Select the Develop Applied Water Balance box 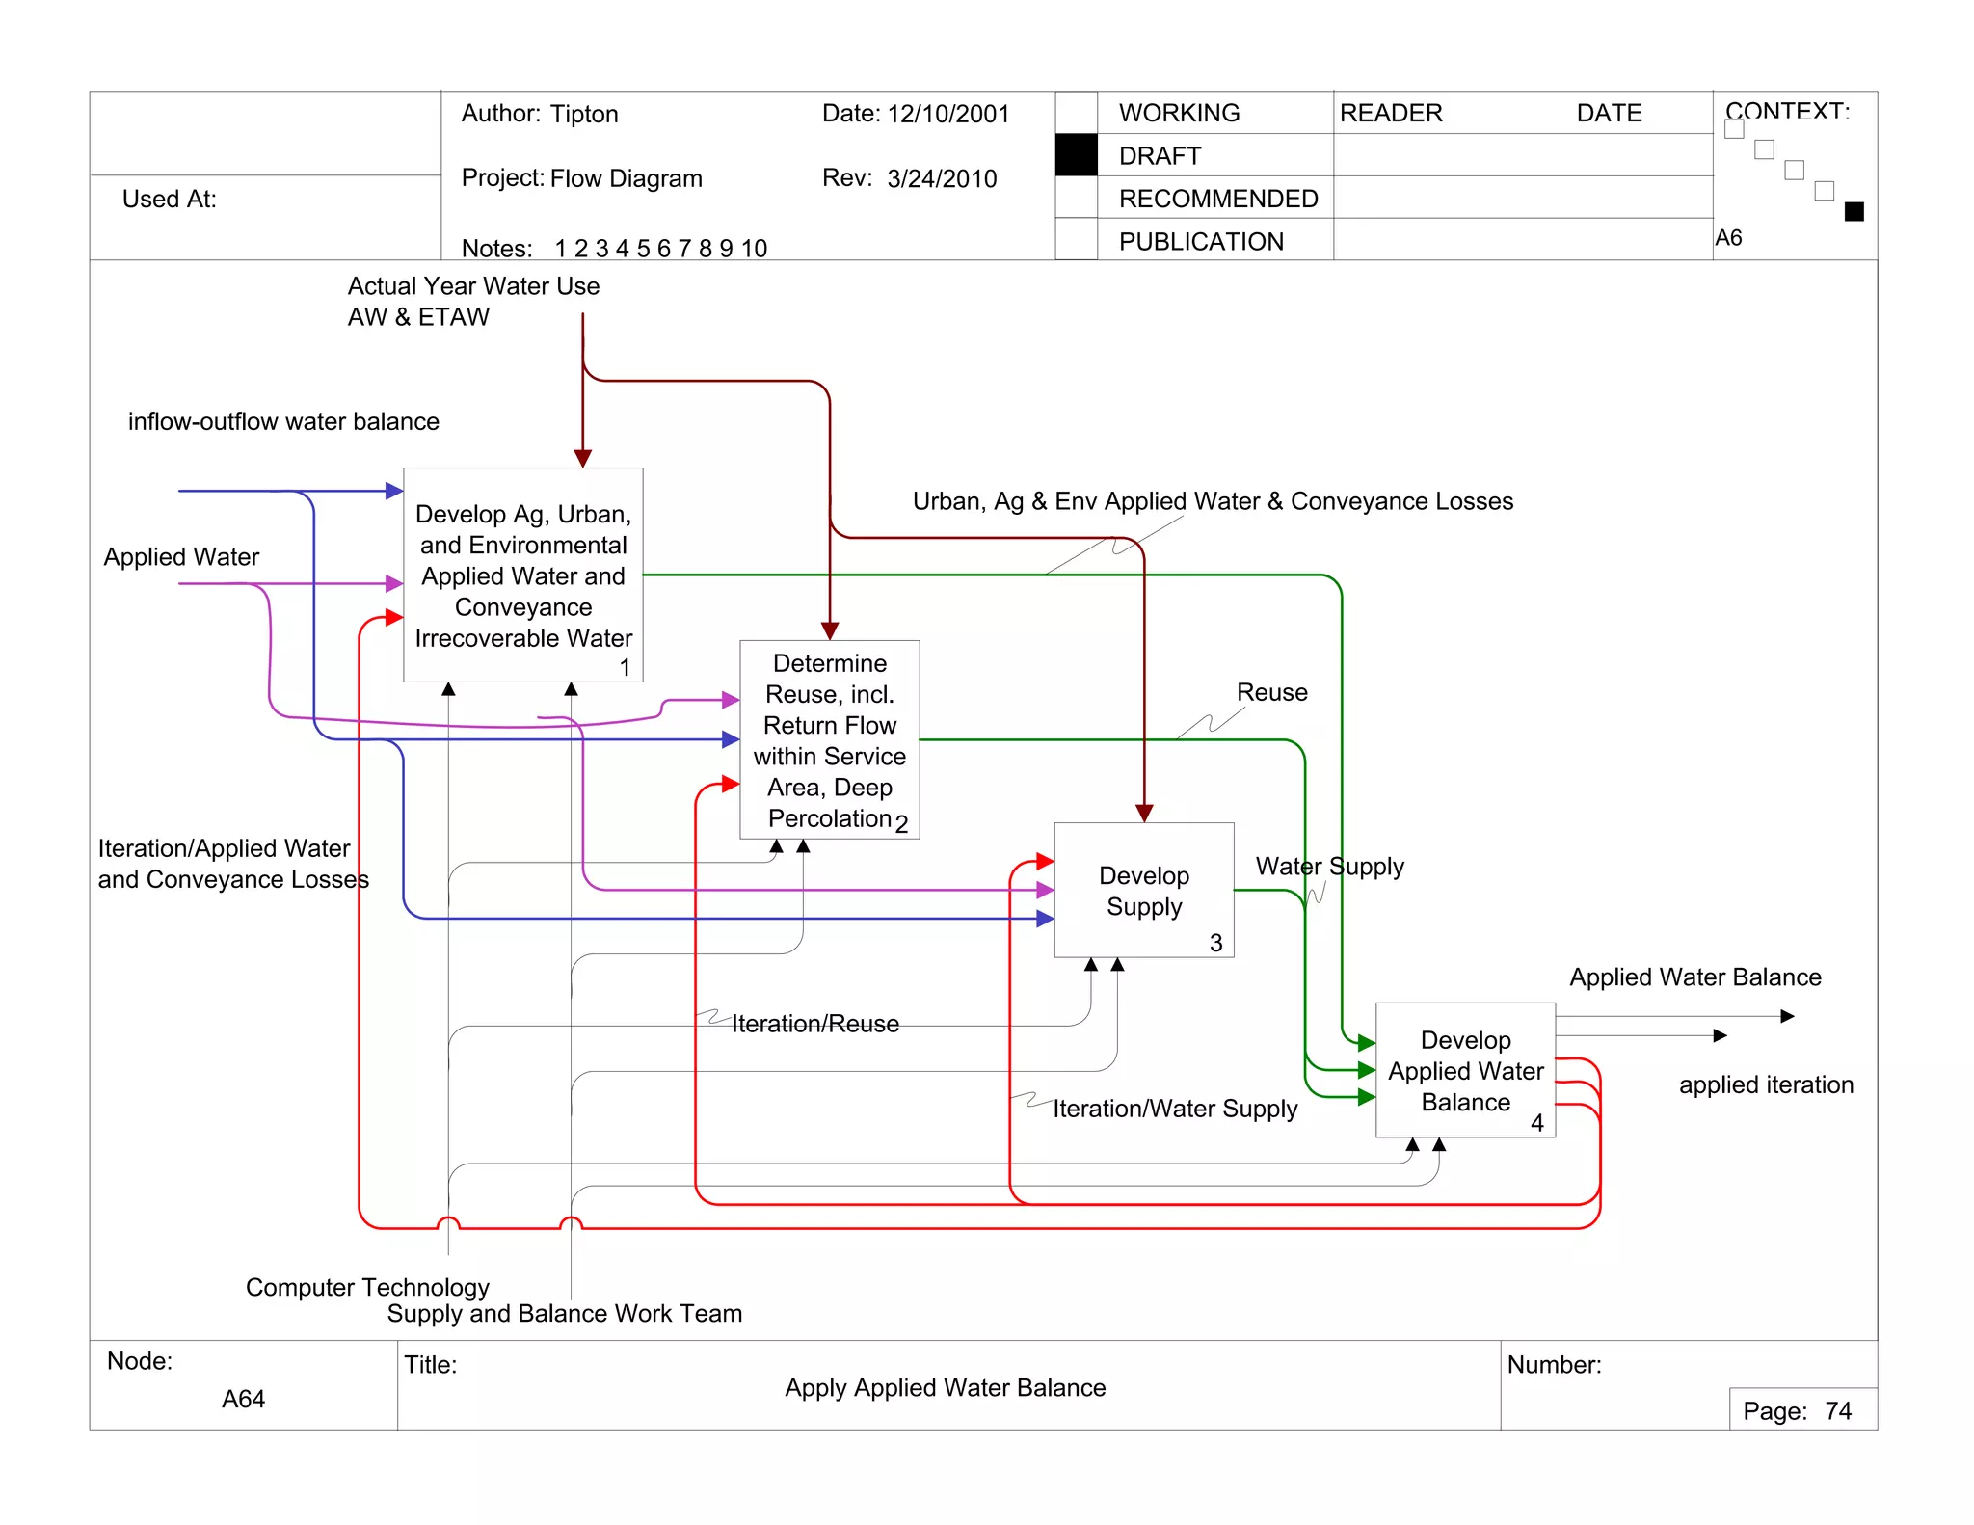click(1464, 1070)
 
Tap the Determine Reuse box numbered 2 click(829, 739)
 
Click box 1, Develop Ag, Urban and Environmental click(522, 575)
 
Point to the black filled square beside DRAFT click(1076, 155)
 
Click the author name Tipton click(584, 115)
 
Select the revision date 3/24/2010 click(942, 179)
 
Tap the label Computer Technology click(367, 1287)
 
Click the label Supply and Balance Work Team click(564, 1313)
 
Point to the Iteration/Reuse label click(814, 1024)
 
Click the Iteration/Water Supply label click(1174, 1109)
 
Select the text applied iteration click(1765, 1084)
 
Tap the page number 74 click(1837, 1411)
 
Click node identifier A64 click(243, 1399)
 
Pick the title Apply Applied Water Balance click(945, 1387)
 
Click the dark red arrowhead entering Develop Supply click(1144, 814)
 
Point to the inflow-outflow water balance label click(283, 422)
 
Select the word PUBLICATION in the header click(1200, 242)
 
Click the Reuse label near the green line click(1271, 693)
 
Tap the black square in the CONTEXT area click(1853, 212)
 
